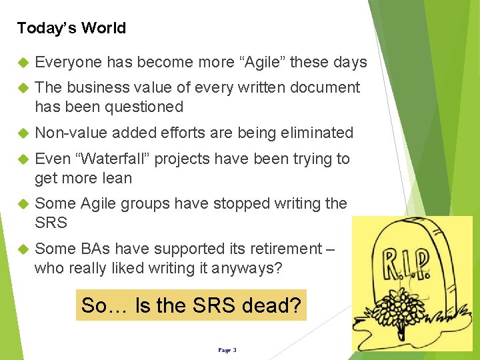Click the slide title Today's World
click(71, 28)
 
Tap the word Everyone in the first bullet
click(68, 63)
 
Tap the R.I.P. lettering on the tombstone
click(405, 264)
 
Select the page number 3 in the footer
click(234, 349)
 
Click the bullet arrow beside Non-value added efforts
click(23, 133)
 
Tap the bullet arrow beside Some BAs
click(23, 249)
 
